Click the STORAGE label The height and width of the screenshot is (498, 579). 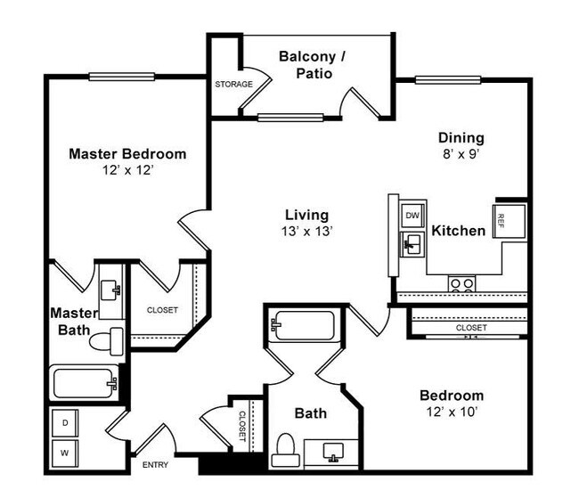[233, 85]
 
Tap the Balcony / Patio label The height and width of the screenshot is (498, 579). [317, 65]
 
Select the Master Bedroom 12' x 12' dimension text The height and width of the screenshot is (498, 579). [127, 170]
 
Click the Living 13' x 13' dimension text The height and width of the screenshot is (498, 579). [306, 232]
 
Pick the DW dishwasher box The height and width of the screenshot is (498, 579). [412, 215]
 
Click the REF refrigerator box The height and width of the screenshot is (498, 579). [502, 218]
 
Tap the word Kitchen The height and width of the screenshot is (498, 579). [459, 232]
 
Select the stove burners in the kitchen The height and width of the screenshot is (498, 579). [461, 284]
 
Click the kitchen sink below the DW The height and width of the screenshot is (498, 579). [412, 242]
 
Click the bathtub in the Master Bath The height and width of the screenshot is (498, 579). [85, 383]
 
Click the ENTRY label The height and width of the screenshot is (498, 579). [155, 465]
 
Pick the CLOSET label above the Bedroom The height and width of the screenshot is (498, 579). [471, 328]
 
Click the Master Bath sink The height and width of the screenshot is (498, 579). [111, 290]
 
